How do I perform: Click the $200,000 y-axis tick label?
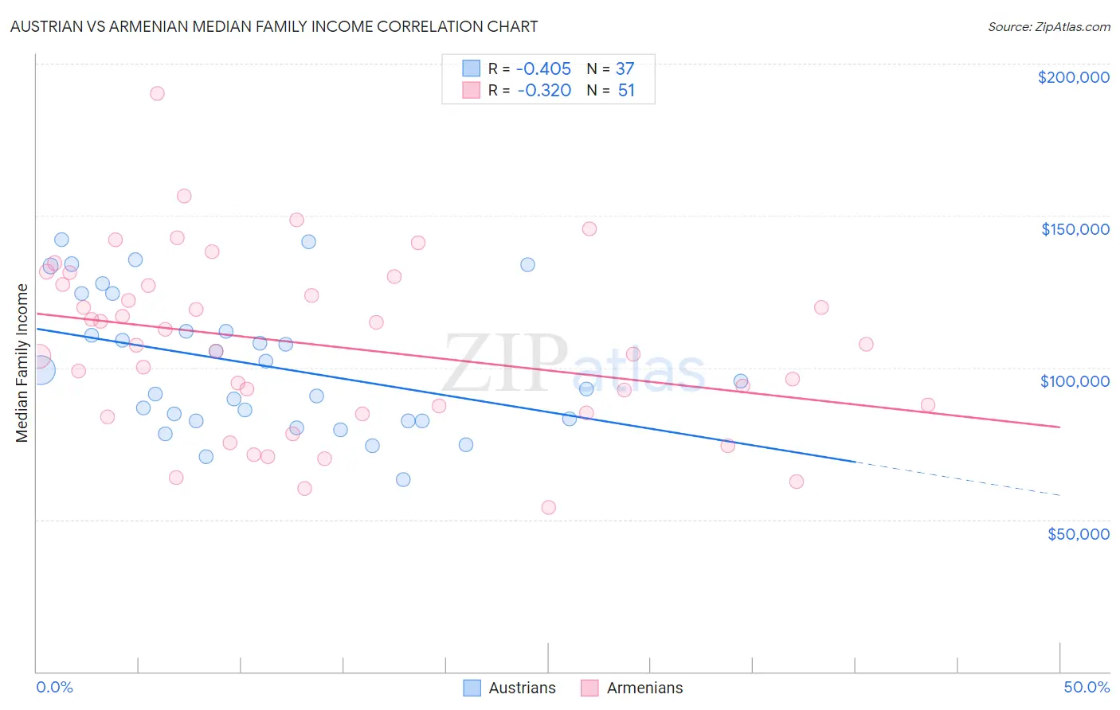(1073, 77)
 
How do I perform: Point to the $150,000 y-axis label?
(1075, 229)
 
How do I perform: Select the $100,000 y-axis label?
(1075, 381)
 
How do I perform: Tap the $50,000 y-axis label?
(1078, 533)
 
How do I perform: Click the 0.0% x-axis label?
(54, 687)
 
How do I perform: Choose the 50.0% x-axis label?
(1086, 687)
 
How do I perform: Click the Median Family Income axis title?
(22, 362)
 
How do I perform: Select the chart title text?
(273, 26)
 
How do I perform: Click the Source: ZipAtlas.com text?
(1048, 26)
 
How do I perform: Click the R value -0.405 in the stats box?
(544, 68)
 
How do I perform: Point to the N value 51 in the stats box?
(626, 91)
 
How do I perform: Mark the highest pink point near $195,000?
(157, 93)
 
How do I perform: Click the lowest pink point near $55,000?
(548, 507)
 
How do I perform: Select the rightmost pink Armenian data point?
(927, 404)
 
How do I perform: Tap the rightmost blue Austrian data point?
(740, 381)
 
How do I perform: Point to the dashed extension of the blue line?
(956, 478)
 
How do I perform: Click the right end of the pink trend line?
(1059, 427)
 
